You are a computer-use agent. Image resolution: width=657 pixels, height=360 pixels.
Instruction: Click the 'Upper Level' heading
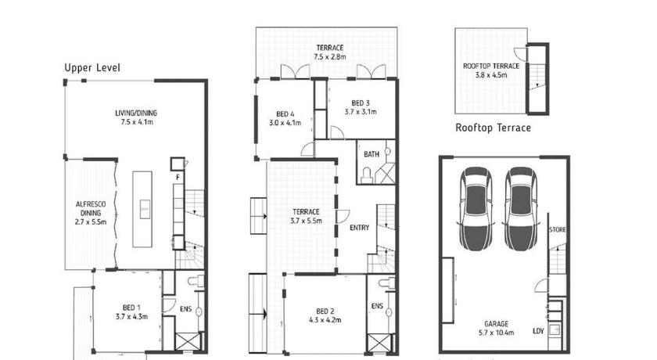pos(92,68)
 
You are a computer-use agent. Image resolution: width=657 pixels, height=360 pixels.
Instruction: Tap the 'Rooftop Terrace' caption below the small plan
pos(494,128)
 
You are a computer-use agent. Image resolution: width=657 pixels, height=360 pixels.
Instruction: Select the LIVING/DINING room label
pos(136,113)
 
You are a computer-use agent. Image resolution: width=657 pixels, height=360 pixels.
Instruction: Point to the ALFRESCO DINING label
pos(91,209)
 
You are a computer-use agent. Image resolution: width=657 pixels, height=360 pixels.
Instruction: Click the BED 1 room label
pos(131,308)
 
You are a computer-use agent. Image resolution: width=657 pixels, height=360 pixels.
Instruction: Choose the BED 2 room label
pos(325,311)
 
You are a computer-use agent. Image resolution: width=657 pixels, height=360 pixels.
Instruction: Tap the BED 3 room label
pos(361,103)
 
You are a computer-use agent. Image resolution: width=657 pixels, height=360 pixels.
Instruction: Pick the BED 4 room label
pos(285,113)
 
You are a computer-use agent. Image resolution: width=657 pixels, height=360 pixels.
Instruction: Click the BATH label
pos(372,154)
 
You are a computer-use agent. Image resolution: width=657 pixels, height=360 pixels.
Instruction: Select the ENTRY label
pos(360,228)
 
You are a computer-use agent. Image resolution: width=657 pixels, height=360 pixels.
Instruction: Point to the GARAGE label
pos(497,323)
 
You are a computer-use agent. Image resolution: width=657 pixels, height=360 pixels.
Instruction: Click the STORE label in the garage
pos(557,229)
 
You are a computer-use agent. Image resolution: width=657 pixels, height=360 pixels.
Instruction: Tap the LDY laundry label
pos(538,331)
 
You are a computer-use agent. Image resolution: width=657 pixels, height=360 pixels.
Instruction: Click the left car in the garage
pos(476,209)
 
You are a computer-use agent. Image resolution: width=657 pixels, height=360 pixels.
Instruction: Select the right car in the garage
pos(521,209)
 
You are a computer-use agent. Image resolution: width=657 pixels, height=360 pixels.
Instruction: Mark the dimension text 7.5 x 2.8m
pos(330,57)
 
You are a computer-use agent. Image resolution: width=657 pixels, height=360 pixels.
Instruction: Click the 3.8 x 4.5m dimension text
pos(491,75)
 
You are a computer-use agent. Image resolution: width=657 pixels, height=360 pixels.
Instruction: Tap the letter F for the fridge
pos(178,178)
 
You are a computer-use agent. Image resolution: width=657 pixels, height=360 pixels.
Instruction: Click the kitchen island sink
pos(145,209)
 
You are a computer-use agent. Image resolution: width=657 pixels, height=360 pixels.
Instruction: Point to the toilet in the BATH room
pos(367,175)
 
